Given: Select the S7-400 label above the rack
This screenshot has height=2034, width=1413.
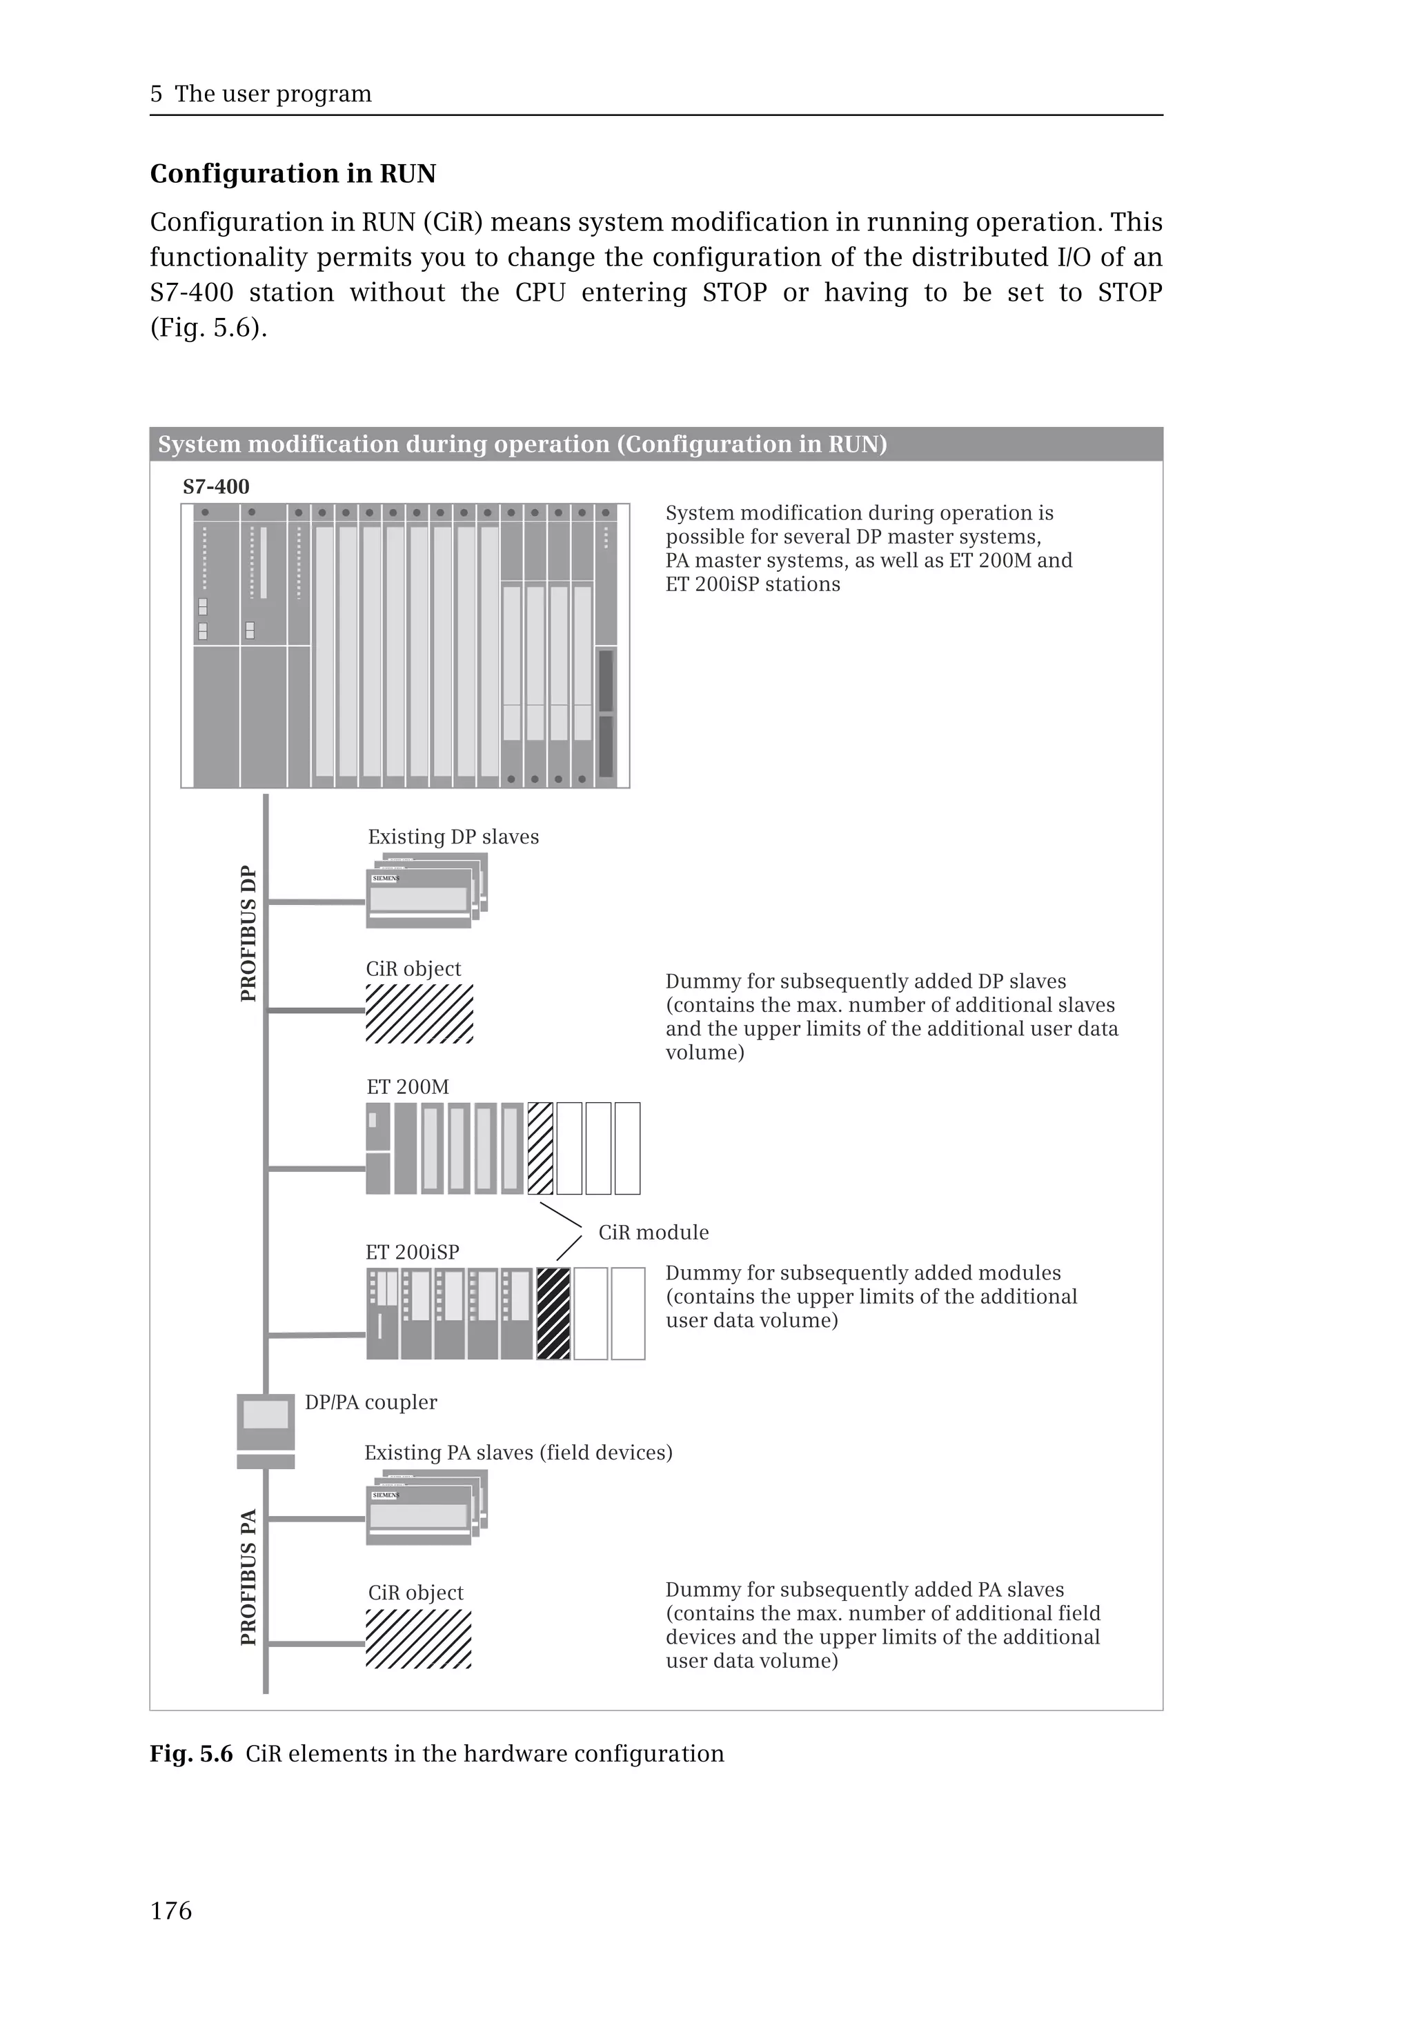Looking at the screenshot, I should tap(216, 486).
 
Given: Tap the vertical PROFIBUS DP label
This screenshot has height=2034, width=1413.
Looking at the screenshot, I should tap(249, 933).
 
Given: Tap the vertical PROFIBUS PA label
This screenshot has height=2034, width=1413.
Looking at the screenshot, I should tap(249, 1577).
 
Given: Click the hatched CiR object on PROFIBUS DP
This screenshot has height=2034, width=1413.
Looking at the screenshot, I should tap(419, 1013).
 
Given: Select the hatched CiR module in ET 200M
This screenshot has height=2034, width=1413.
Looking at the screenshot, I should tap(540, 1148).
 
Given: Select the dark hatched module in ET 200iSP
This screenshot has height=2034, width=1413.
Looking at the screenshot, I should tap(553, 1313).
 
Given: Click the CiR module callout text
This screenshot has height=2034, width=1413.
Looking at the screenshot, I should tap(653, 1232).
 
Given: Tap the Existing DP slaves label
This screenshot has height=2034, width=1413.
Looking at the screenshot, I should tap(453, 837).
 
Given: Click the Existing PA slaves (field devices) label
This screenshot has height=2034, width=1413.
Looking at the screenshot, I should tap(518, 1453).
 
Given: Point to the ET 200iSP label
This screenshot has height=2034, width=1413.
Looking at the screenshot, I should tap(412, 1252).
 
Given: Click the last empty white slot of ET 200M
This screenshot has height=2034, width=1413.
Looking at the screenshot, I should tap(627, 1148).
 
